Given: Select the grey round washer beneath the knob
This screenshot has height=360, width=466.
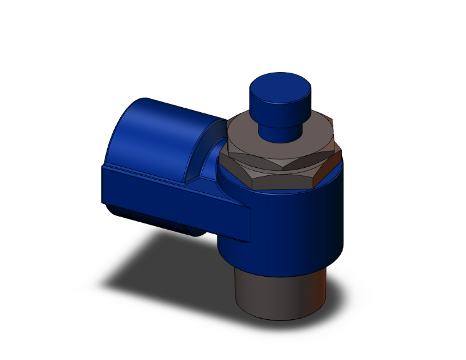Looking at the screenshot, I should point(251,135).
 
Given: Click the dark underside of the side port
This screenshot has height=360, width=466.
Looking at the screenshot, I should point(163,222).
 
